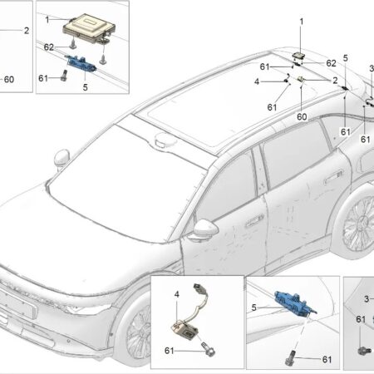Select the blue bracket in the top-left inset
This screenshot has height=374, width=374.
(x=81, y=63)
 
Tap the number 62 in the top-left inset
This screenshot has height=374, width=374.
(x=49, y=47)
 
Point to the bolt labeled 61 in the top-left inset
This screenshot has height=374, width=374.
(x=64, y=76)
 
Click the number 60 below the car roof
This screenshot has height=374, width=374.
(x=302, y=116)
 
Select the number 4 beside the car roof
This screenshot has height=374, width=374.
(x=257, y=81)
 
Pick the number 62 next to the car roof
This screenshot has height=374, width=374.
(x=331, y=63)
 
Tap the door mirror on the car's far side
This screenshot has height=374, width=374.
(x=62, y=159)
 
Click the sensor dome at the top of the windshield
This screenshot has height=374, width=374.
(x=165, y=139)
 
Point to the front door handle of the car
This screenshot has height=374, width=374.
(x=254, y=220)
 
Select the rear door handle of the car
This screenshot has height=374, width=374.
(x=333, y=177)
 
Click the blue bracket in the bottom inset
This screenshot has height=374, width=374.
(x=294, y=302)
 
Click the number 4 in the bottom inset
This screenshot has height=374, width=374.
(x=177, y=294)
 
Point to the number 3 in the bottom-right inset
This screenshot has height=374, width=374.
(x=367, y=298)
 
